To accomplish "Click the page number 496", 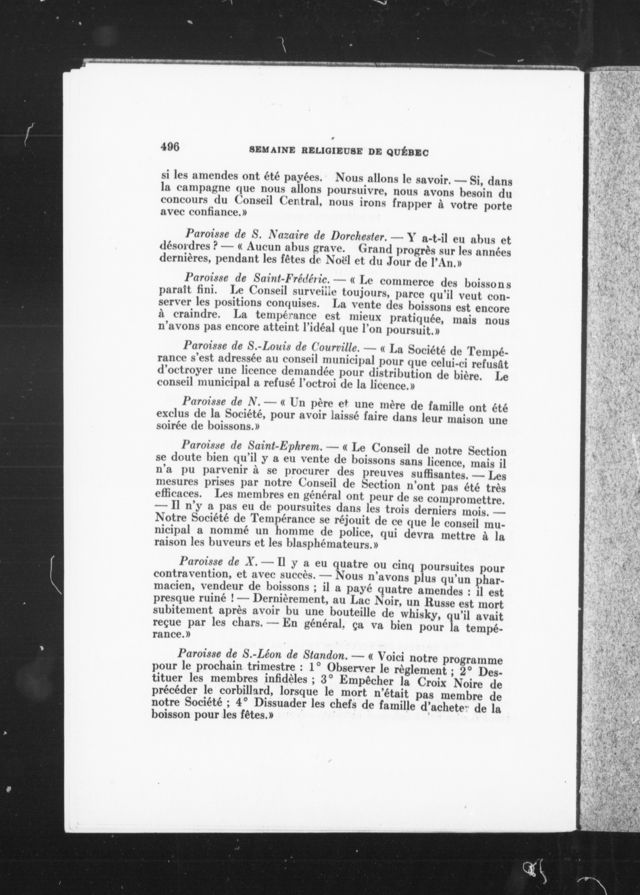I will (170, 147).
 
